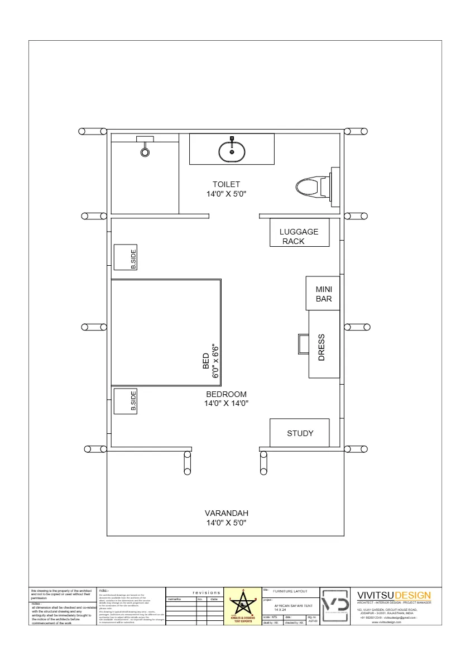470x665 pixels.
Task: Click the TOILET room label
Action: (226, 184)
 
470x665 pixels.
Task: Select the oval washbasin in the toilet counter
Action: (232, 151)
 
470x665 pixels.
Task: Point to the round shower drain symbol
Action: (145, 151)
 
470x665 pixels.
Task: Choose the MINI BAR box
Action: (323, 294)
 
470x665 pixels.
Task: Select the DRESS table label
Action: (322, 347)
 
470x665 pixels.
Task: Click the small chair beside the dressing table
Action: (303, 343)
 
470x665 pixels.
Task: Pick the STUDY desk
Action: (300, 433)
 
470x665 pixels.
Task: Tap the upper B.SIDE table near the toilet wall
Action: (126, 257)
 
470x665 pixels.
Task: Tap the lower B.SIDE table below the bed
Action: (126, 401)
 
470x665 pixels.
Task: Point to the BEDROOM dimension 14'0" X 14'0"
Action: (226, 403)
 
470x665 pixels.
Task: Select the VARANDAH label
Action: (226, 513)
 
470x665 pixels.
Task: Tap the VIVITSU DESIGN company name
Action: (394, 595)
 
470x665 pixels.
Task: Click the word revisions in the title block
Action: (207, 592)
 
